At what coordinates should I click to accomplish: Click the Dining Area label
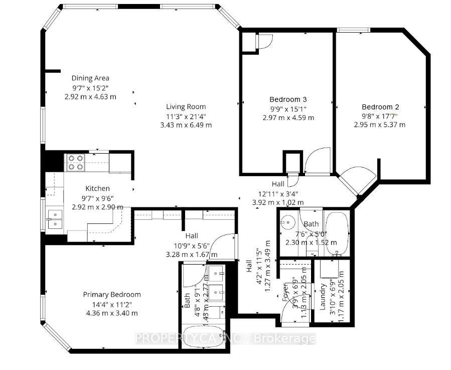90,78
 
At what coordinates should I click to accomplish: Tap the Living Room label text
186,106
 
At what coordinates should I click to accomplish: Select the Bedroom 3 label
288,99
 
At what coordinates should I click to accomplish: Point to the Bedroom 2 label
380,106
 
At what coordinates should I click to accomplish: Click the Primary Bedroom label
112,295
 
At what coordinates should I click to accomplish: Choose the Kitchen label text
97,188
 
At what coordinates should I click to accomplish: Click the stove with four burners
75,163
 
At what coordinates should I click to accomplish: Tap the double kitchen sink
55,219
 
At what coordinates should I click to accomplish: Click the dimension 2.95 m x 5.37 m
380,125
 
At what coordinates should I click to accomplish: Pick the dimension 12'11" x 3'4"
278,193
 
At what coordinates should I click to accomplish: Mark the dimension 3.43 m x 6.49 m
186,125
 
